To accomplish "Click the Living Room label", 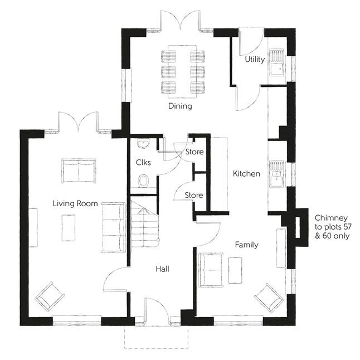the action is click(75, 203).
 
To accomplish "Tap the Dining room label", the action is click(180, 106).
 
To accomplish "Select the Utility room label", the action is click(255, 59).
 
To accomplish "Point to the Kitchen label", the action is click(246, 173).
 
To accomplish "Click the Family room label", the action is click(247, 245).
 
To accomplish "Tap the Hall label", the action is click(163, 269).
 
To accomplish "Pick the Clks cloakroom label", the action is click(143, 163).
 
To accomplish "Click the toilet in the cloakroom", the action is click(143, 181).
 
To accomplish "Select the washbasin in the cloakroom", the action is click(143, 143).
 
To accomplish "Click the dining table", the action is click(183, 72).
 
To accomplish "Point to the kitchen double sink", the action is click(276, 174).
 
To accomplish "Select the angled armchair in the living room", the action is click(50, 296).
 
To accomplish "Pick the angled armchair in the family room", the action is click(270, 298).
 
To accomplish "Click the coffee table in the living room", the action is click(69, 228).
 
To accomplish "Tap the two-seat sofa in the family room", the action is click(211, 270).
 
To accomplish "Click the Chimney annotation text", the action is click(333, 227).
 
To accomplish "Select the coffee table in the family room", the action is click(235, 270).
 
